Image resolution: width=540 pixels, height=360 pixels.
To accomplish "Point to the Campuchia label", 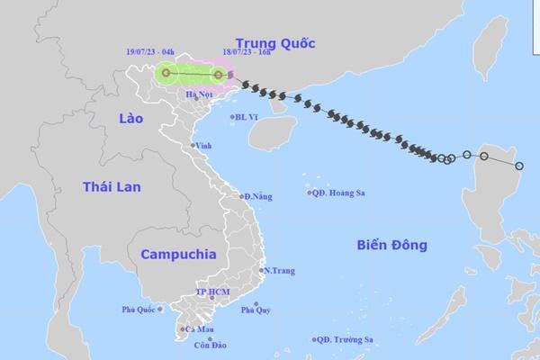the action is [176, 254].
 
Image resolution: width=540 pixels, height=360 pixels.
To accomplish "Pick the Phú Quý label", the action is [255, 311].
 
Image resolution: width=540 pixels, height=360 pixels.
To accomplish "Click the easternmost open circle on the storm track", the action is [519, 166].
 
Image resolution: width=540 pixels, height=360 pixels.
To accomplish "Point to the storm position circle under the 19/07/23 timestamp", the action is [166, 73].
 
